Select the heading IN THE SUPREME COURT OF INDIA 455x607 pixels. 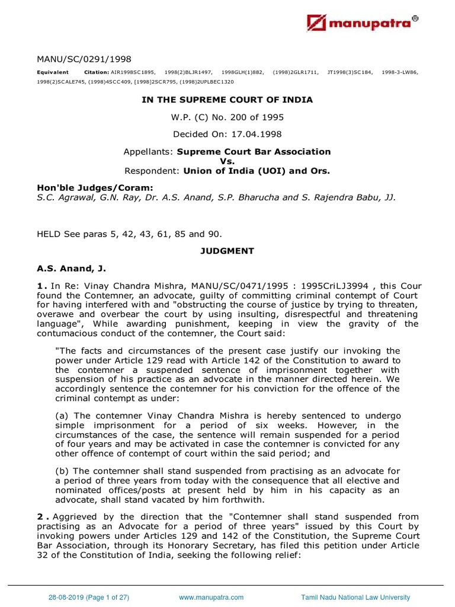pos(227,100)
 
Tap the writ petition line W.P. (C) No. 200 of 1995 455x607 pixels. pos(227,117)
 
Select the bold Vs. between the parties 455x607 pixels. pos(227,161)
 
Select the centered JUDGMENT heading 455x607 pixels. pos(227,251)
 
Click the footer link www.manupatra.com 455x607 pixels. pos(210,598)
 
